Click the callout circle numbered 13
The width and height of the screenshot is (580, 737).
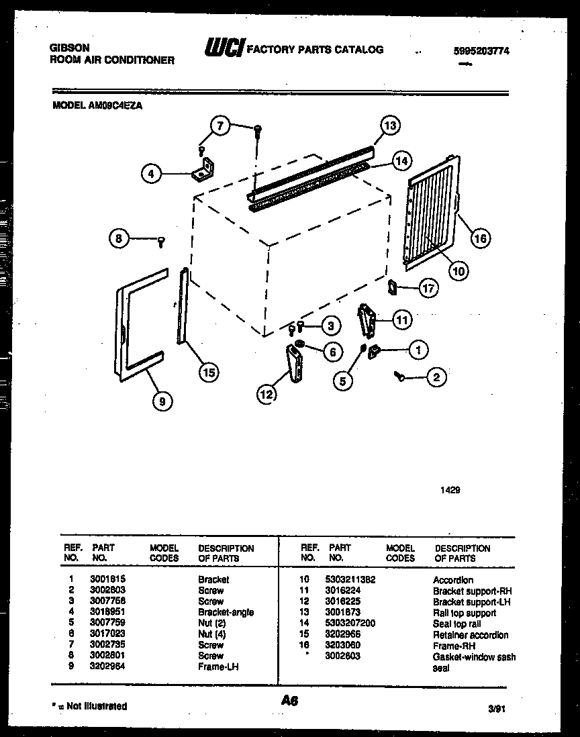point(390,126)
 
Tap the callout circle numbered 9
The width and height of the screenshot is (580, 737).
point(162,401)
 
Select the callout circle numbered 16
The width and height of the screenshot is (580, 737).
point(480,237)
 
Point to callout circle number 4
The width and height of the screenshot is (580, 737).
point(152,174)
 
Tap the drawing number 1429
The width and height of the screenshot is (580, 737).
point(450,491)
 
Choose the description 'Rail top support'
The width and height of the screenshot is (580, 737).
point(465,613)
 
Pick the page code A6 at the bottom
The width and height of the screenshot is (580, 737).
point(289,701)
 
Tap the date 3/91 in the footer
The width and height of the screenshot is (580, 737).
point(495,707)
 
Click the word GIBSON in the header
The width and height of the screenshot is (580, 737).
point(69,48)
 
